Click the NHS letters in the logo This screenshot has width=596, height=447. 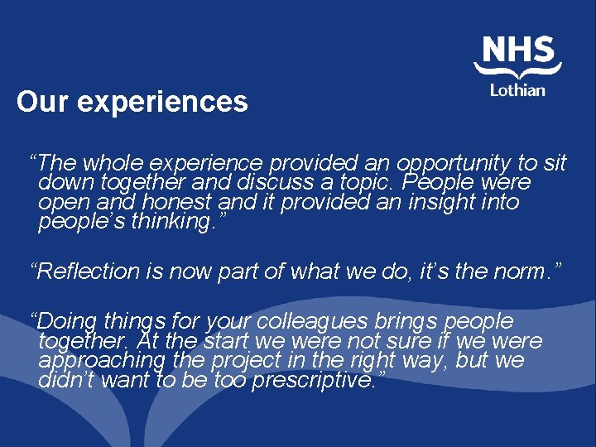tap(518, 50)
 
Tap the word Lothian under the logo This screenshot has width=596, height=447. tap(517, 89)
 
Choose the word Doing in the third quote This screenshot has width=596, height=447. tap(68, 320)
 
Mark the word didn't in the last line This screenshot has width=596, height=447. tap(66, 382)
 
